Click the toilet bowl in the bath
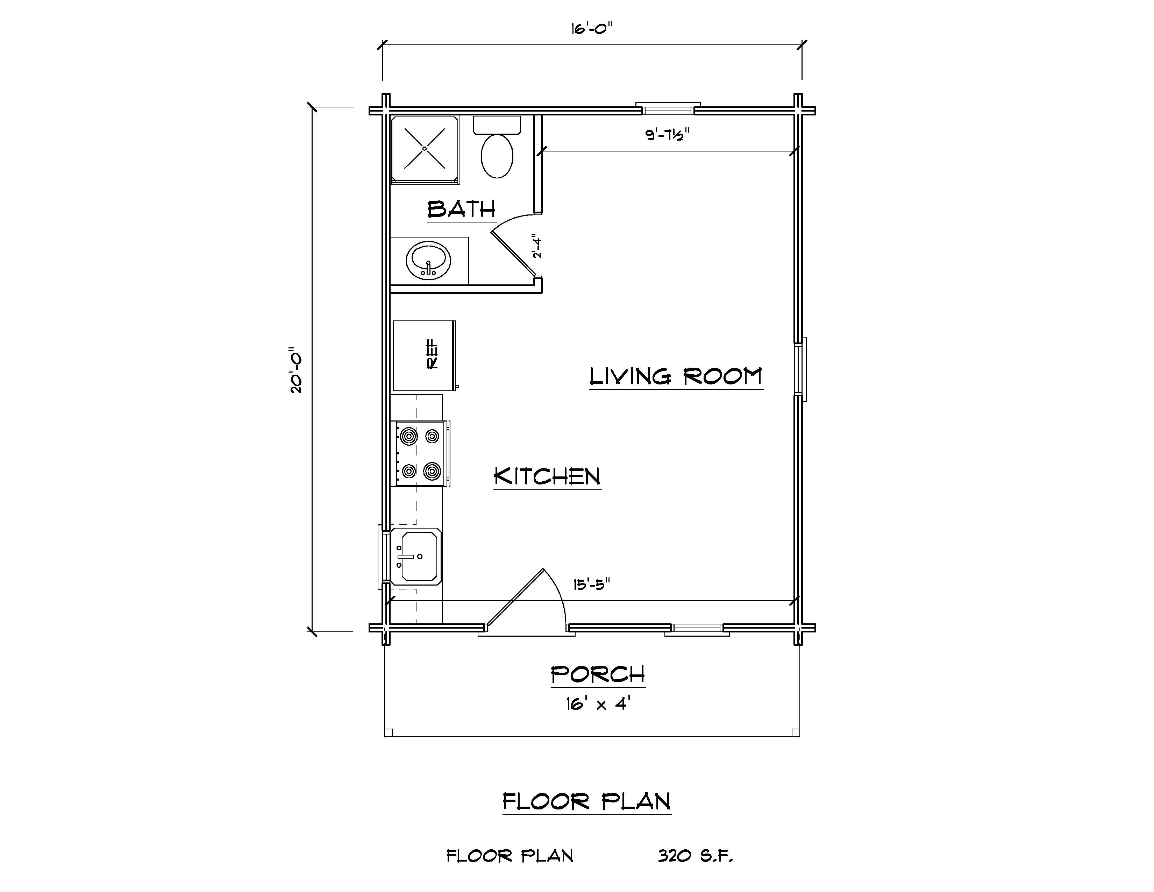[x=497, y=156]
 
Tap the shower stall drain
[x=424, y=148]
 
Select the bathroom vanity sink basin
[x=428, y=261]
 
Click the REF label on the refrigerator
[x=432, y=354]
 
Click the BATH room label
[x=461, y=209]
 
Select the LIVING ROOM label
[x=676, y=376]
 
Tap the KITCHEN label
[x=547, y=477]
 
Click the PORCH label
[x=598, y=675]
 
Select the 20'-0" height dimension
[x=296, y=370]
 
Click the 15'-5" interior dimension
[x=592, y=585]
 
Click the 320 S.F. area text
[x=695, y=856]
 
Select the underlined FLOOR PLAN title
[x=586, y=802]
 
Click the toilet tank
[x=497, y=125]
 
